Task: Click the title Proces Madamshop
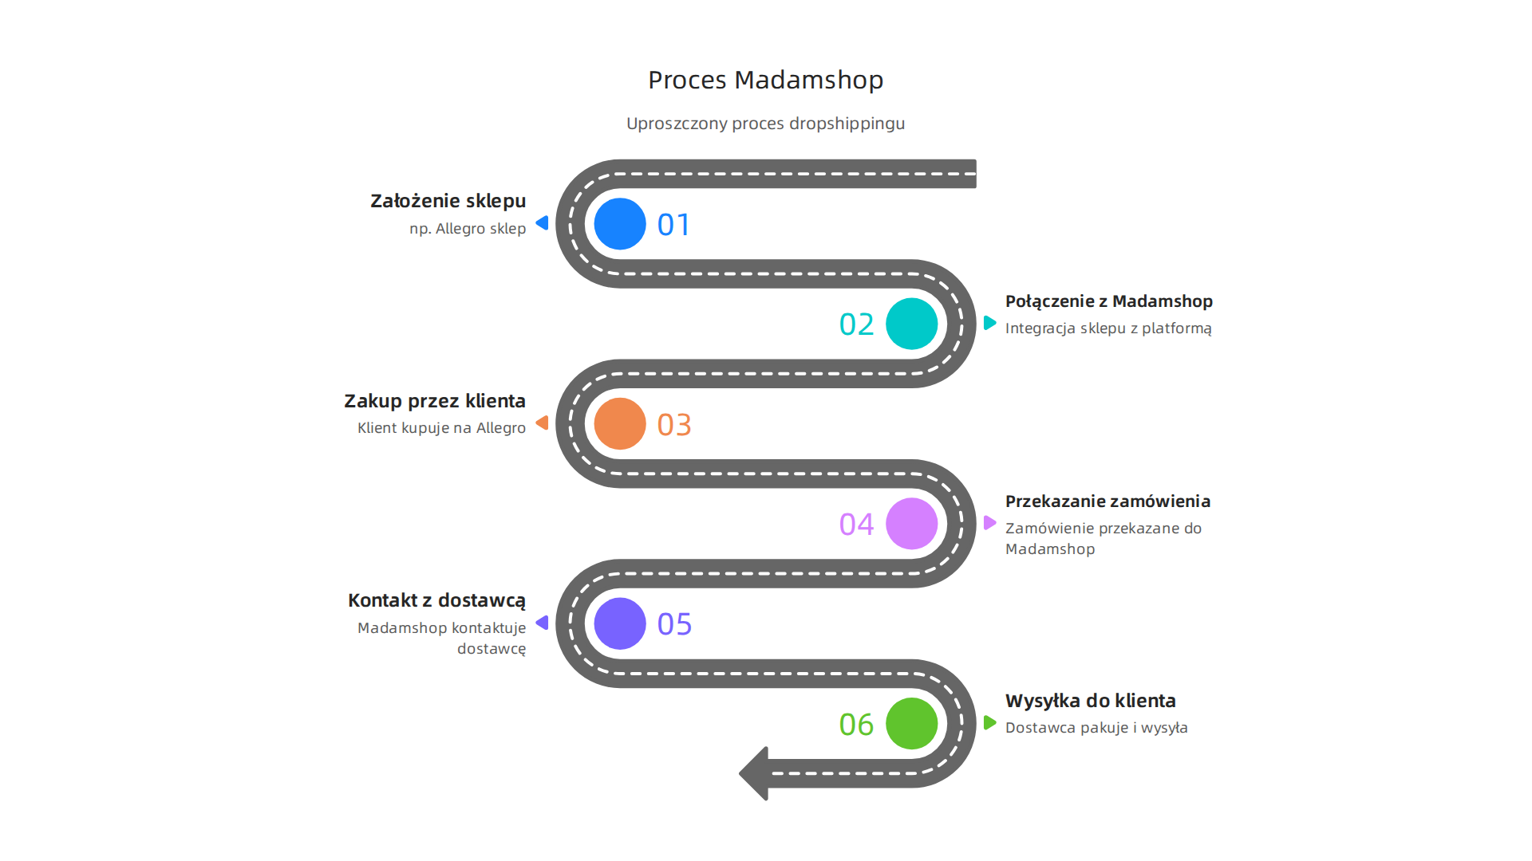(x=765, y=80)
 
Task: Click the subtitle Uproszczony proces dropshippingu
(x=765, y=124)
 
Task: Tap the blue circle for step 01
(x=620, y=224)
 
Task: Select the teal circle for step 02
(x=912, y=324)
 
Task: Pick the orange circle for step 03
(x=620, y=423)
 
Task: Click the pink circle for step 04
(x=912, y=524)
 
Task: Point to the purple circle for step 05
(x=620, y=623)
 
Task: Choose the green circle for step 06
(x=912, y=723)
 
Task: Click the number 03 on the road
(x=674, y=425)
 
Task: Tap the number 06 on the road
(x=856, y=725)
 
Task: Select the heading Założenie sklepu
(x=448, y=201)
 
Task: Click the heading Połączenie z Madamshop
(x=1109, y=301)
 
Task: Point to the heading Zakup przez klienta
(x=435, y=401)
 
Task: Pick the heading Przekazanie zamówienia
(x=1108, y=501)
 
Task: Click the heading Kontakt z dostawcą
(x=436, y=600)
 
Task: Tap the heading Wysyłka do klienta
(x=1091, y=701)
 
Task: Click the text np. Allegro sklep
(x=468, y=229)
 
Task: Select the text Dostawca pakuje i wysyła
(x=1096, y=728)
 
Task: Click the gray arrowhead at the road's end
(x=754, y=773)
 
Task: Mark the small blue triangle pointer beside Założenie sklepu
(x=543, y=223)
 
